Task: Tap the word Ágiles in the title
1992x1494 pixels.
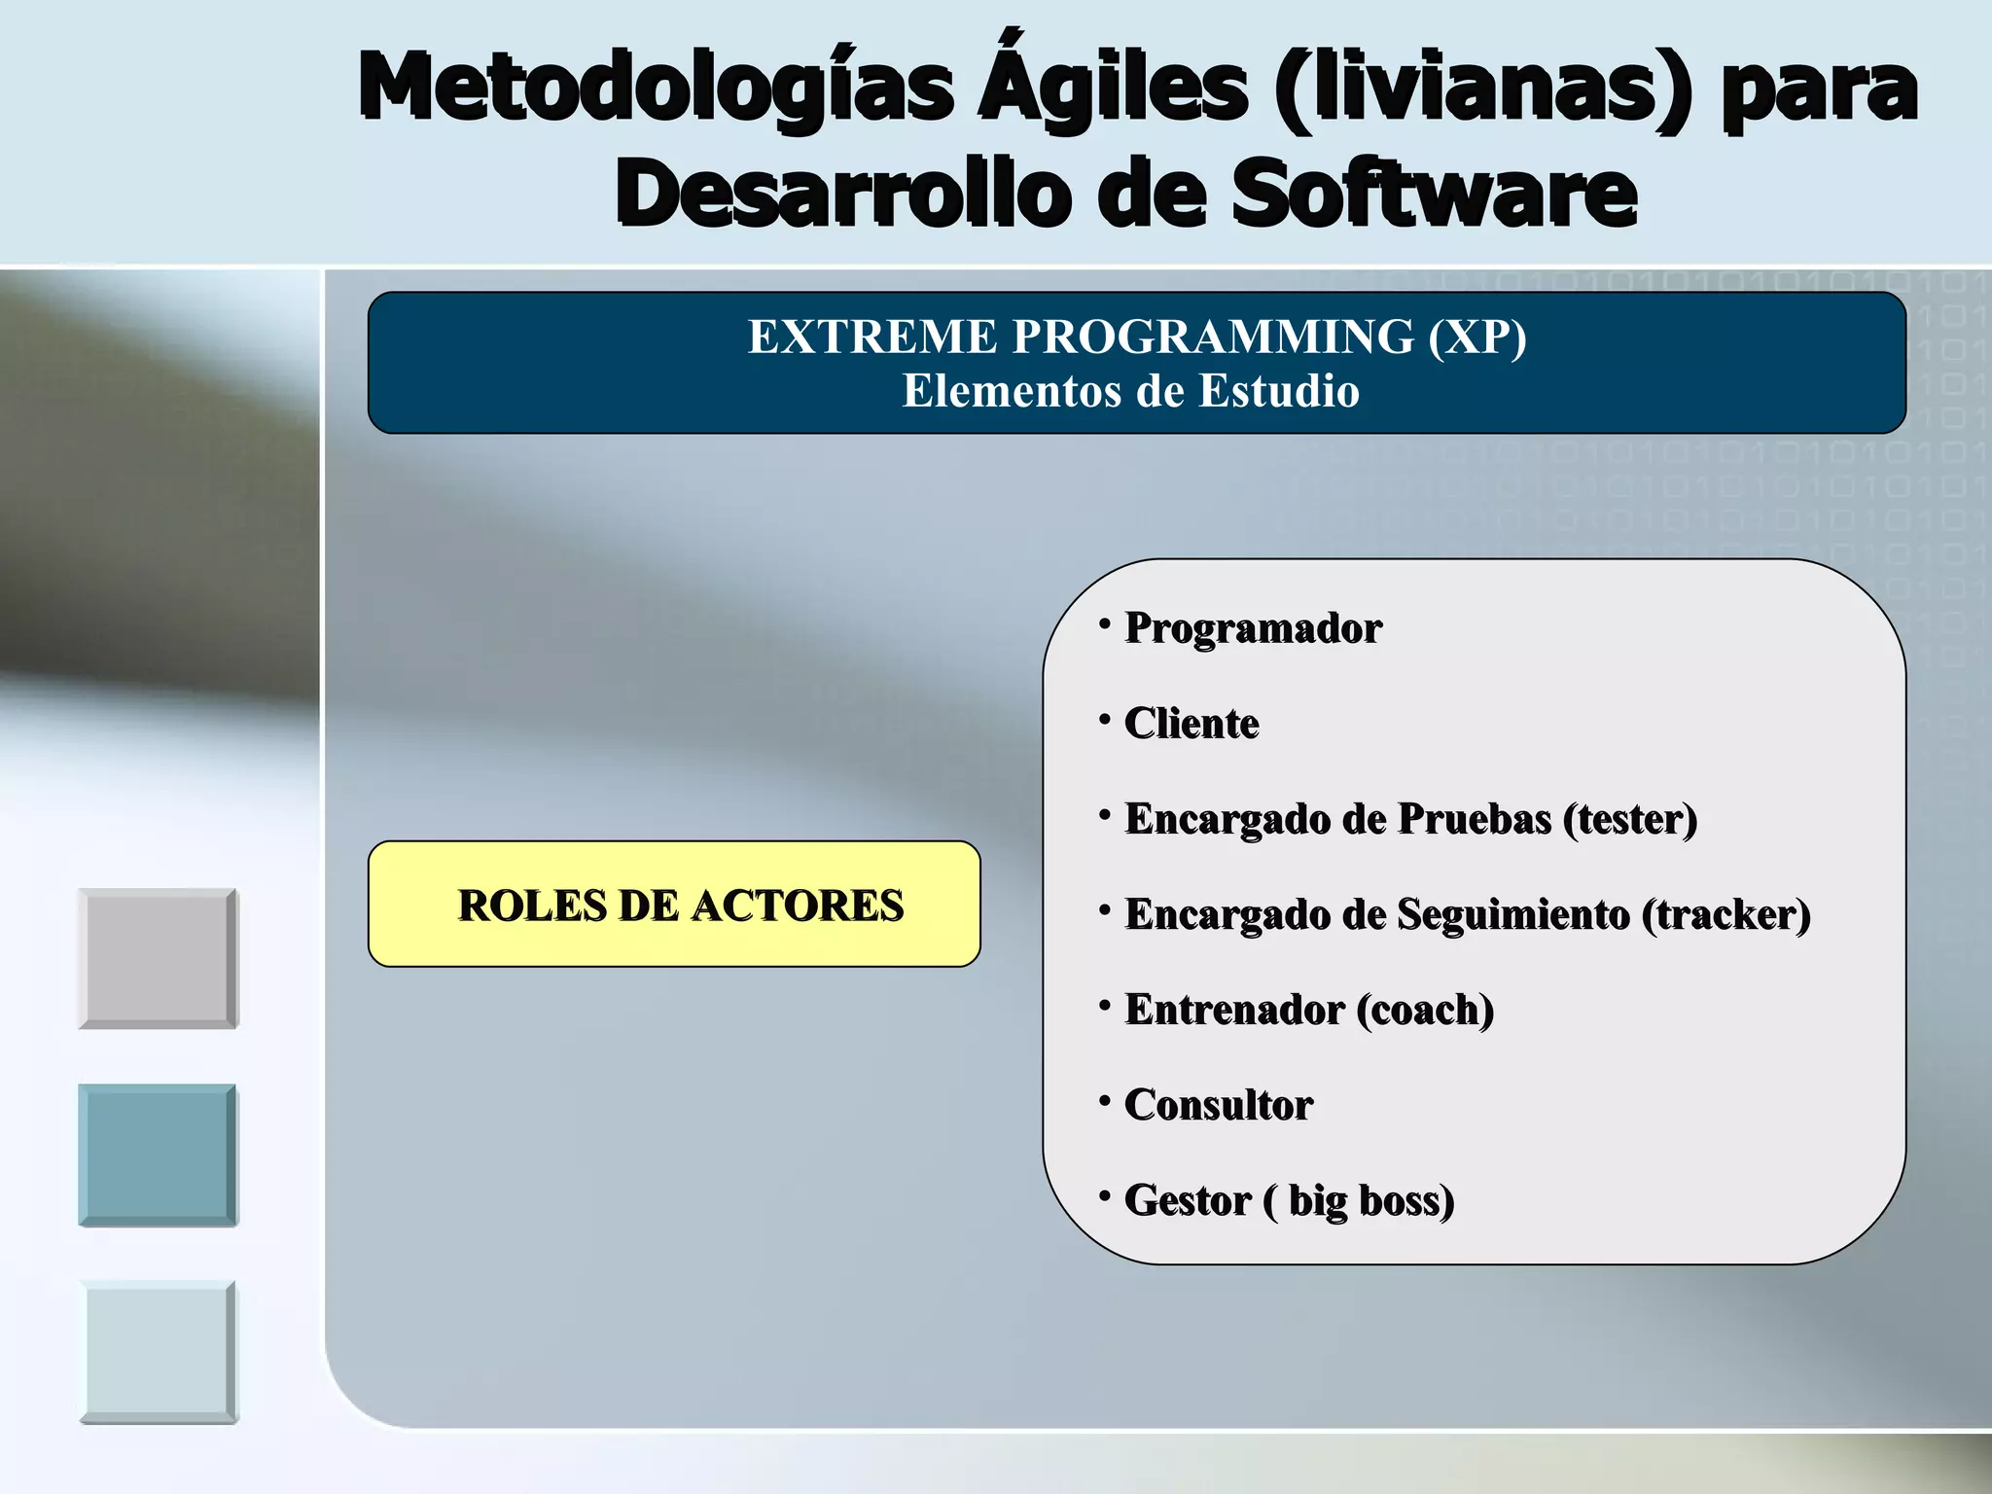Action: click(1113, 88)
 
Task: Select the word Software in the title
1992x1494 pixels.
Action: click(1434, 195)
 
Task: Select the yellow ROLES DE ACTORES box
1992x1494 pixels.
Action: click(674, 905)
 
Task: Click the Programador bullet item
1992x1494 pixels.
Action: click(1253, 628)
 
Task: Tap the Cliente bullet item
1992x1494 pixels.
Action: click(1191, 724)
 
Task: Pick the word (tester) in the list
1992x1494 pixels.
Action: click(1629, 819)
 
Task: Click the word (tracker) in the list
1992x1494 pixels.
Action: click(1725, 914)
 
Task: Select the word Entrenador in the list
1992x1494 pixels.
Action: click(1234, 1010)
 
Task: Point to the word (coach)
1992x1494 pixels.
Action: click(1425, 1010)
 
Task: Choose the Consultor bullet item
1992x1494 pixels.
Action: click(1218, 1105)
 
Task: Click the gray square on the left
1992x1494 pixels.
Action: click(158, 958)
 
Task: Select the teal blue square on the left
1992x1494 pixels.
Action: click(158, 1155)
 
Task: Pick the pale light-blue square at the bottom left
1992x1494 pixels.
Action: click(158, 1352)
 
